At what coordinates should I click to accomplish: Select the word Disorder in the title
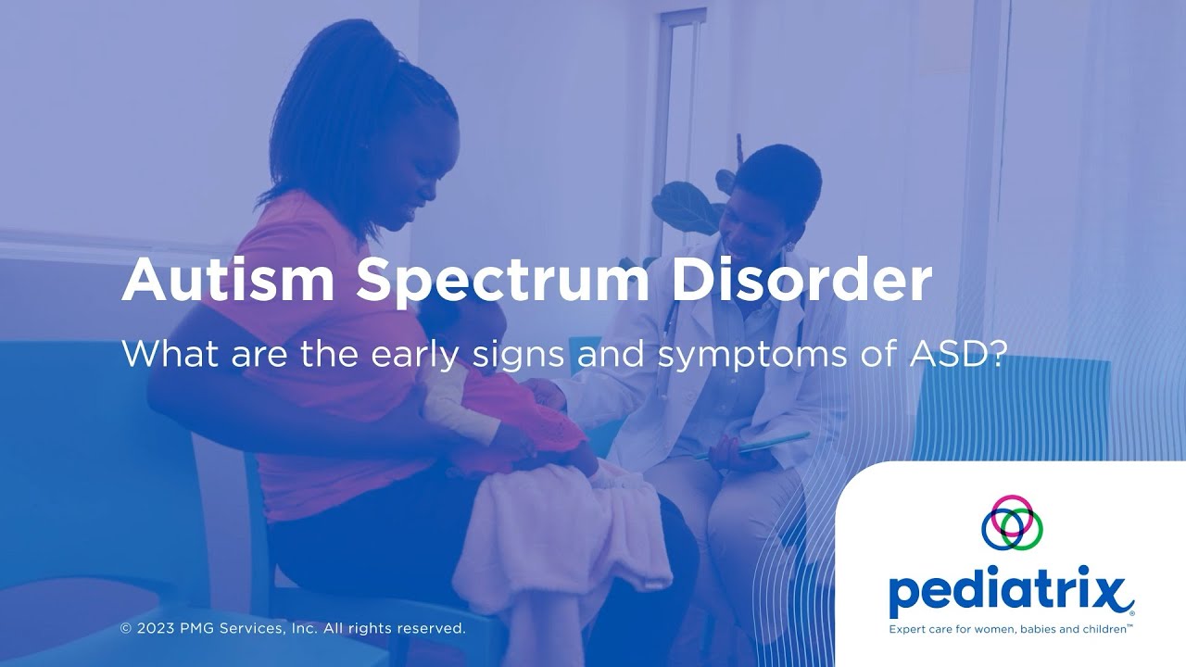(x=801, y=280)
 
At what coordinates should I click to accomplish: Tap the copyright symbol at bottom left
(x=126, y=629)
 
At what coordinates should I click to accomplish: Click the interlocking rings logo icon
(x=1012, y=522)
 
